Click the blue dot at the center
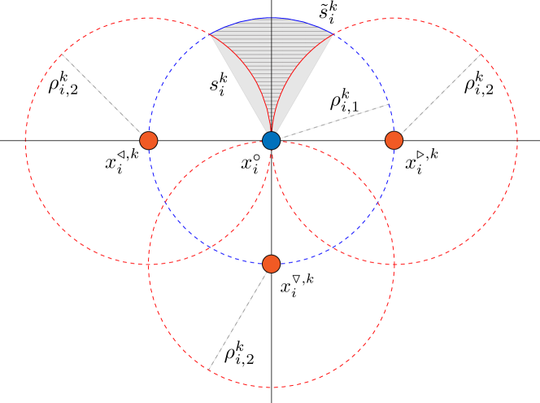point(271,140)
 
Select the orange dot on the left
point(148,140)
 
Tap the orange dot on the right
point(394,140)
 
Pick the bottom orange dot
point(271,264)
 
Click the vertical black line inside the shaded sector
point(271,73)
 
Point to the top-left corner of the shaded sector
point(210,34)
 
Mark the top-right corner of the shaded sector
point(333,34)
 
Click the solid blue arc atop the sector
point(271,18)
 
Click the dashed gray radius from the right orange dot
point(438,97)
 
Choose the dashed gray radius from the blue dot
point(329,122)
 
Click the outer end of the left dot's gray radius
point(63,55)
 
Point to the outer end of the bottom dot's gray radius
point(210,366)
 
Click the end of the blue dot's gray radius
point(389,104)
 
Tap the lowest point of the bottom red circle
point(271,387)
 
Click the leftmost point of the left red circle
point(25,141)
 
